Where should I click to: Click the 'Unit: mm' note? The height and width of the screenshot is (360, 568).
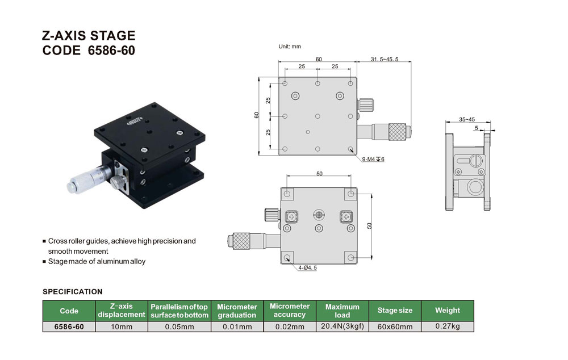click(290, 47)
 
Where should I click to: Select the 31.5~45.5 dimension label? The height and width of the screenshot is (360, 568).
click(385, 59)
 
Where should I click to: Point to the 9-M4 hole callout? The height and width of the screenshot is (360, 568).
click(373, 160)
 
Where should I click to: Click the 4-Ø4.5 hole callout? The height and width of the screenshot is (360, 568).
click(307, 267)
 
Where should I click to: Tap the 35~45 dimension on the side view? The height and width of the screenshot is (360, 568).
click(467, 119)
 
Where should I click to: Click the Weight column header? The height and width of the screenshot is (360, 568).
click(448, 311)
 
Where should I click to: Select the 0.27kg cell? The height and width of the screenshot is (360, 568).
click(448, 326)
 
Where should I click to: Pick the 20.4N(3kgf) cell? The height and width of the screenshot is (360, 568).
click(343, 326)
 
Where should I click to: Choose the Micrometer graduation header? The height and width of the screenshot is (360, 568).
click(237, 311)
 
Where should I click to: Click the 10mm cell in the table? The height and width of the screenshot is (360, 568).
click(122, 326)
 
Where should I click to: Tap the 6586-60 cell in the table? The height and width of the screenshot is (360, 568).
click(69, 326)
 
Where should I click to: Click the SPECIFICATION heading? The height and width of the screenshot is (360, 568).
click(73, 291)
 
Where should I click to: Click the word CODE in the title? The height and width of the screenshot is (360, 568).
click(61, 51)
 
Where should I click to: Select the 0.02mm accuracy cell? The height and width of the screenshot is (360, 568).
click(290, 326)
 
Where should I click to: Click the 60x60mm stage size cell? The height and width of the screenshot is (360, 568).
click(395, 326)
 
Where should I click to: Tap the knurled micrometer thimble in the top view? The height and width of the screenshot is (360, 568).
click(397, 132)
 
